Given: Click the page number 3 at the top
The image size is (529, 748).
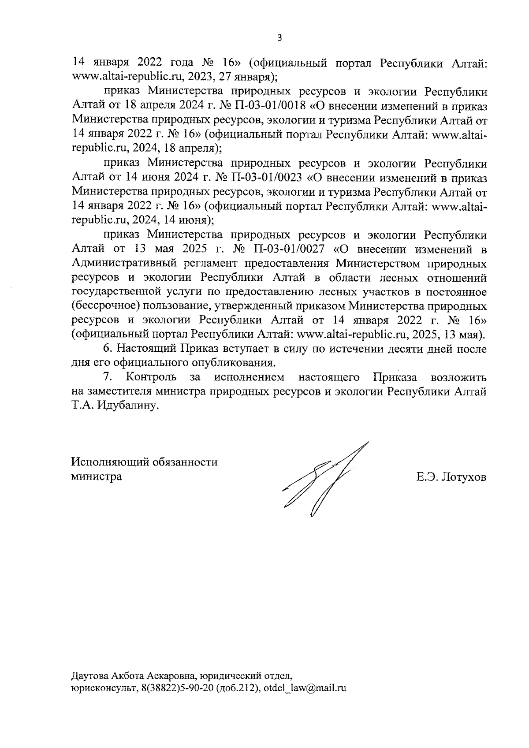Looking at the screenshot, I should pos(279,38).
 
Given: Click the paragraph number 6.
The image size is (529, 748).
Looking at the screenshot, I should pos(108,349).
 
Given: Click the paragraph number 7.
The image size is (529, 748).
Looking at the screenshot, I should pos(108,378).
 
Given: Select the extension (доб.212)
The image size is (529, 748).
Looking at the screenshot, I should pos(237,688).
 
